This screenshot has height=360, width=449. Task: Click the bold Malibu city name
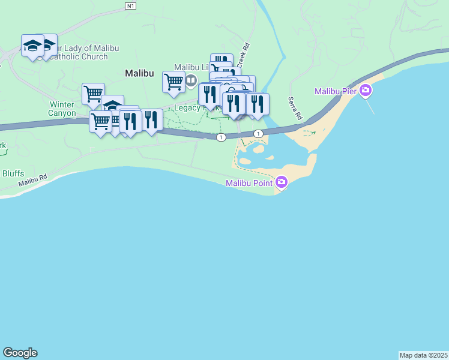139,73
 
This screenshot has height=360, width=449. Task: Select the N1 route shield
131,5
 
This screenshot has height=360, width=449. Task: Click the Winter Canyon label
62,108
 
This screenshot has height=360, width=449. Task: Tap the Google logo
20,353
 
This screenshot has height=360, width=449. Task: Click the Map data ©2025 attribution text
424,355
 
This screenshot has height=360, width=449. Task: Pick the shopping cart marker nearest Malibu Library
173,82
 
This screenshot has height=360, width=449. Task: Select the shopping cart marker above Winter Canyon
93,94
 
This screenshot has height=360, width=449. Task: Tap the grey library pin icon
191,80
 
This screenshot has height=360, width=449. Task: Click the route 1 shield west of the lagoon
221,137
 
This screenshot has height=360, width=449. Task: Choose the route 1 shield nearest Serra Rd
258,133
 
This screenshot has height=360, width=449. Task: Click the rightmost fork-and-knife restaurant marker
258,104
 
